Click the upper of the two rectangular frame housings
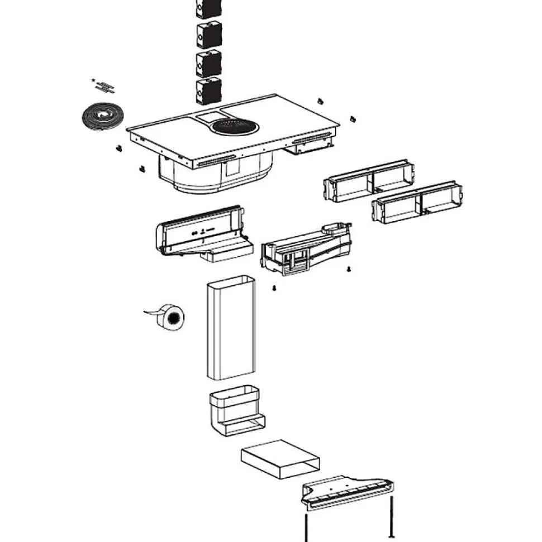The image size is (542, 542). (x=369, y=181)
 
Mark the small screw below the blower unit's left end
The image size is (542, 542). (x=275, y=288)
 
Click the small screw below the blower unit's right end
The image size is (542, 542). (x=349, y=269)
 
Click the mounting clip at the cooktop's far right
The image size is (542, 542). (x=353, y=118)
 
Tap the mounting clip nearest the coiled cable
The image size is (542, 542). (x=118, y=148)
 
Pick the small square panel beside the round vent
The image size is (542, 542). (x=209, y=118)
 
